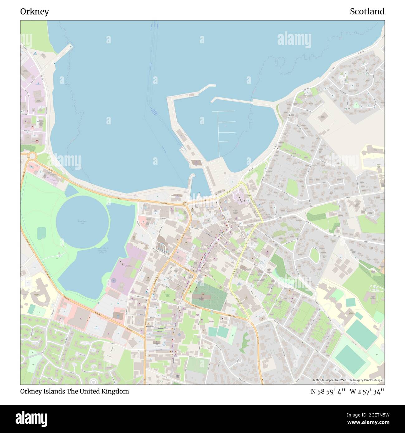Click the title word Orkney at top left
pos(35,12)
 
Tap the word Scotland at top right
pos(367,12)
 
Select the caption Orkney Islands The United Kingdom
pos(75,391)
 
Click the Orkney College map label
pos(379,166)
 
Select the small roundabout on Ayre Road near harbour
pos(185,204)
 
